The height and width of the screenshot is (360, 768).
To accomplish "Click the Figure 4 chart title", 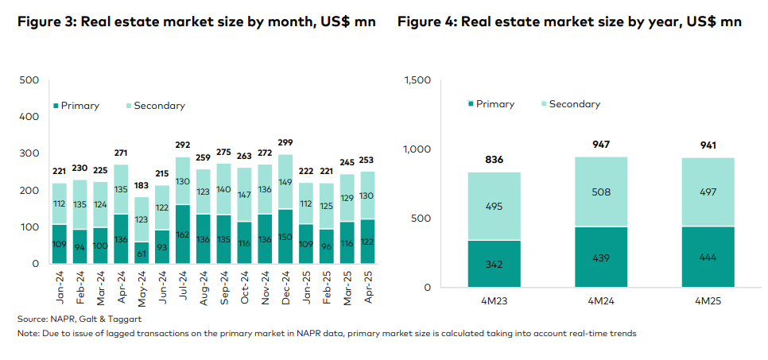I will (569, 21).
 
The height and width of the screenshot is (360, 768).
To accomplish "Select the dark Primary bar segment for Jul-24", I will (182, 234).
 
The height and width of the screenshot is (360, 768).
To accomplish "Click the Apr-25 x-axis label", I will (367, 287).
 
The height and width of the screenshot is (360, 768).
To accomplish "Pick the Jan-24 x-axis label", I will (59, 287).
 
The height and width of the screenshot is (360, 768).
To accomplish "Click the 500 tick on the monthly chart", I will (29, 80).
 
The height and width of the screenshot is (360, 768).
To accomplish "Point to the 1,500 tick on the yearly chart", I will (418, 80).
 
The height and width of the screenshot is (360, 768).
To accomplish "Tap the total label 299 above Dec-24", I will (284, 143).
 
